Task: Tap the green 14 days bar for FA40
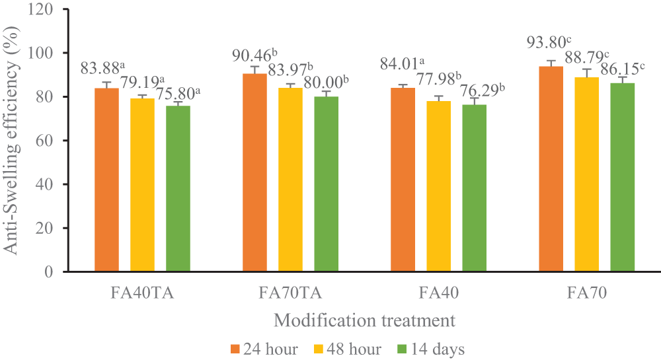[x=474, y=188]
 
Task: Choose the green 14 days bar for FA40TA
[x=178, y=188]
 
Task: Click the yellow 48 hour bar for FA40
[x=438, y=186]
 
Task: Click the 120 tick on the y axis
[x=43, y=9]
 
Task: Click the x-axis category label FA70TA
[x=290, y=292]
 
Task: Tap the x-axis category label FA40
[x=438, y=292]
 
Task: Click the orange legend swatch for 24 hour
[x=235, y=349]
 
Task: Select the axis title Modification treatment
[x=365, y=321]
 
